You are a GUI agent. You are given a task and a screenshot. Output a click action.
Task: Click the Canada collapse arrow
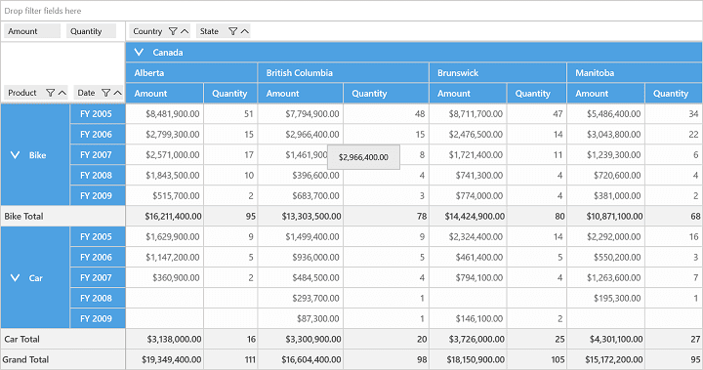pyautogui.click(x=139, y=52)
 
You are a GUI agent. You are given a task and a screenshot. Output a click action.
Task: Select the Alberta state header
pyautogui.click(x=149, y=72)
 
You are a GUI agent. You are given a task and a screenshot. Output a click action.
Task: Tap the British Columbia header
pyautogui.click(x=300, y=72)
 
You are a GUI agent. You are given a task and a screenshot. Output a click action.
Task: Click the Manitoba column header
pyautogui.click(x=595, y=72)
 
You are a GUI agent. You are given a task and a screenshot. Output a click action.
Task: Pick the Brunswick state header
pyautogui.click(x=458, y=72)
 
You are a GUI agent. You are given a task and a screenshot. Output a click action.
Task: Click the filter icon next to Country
pyautogui.click(x=173, y=31)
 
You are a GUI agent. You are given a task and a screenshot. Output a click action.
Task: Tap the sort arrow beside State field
pyautogui.click(x=245, y=31)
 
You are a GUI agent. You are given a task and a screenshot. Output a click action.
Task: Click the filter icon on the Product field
pyautogui.click(x=50, y=93)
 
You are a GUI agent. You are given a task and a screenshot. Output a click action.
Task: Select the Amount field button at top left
pyautogui.click(x=32, y=31)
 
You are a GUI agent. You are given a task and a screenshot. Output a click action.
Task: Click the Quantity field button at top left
pyautogui.click(x=92, y=31)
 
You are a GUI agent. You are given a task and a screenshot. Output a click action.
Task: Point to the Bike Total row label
pyautogui.click(x=23, y=216)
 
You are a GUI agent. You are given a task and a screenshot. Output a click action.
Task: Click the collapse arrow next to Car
pyautogui.click(x=15, y=277)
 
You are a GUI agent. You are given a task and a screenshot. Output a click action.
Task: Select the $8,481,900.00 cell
pyautogui.click(x=173, y=114)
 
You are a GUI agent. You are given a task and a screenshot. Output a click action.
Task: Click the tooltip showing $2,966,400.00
pyautogui.click(x=363, y=157)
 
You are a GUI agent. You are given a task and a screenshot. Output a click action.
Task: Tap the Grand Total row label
pyautogui.click(x=25, y=359)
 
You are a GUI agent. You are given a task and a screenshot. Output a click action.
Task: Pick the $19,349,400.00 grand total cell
pyautogui.click(x=172, y=359)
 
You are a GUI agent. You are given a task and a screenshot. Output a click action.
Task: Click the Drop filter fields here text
pyautogui.click(x=43, y=11)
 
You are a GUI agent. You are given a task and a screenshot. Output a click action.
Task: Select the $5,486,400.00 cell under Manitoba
pyautogui.click(x=614, y=114)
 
